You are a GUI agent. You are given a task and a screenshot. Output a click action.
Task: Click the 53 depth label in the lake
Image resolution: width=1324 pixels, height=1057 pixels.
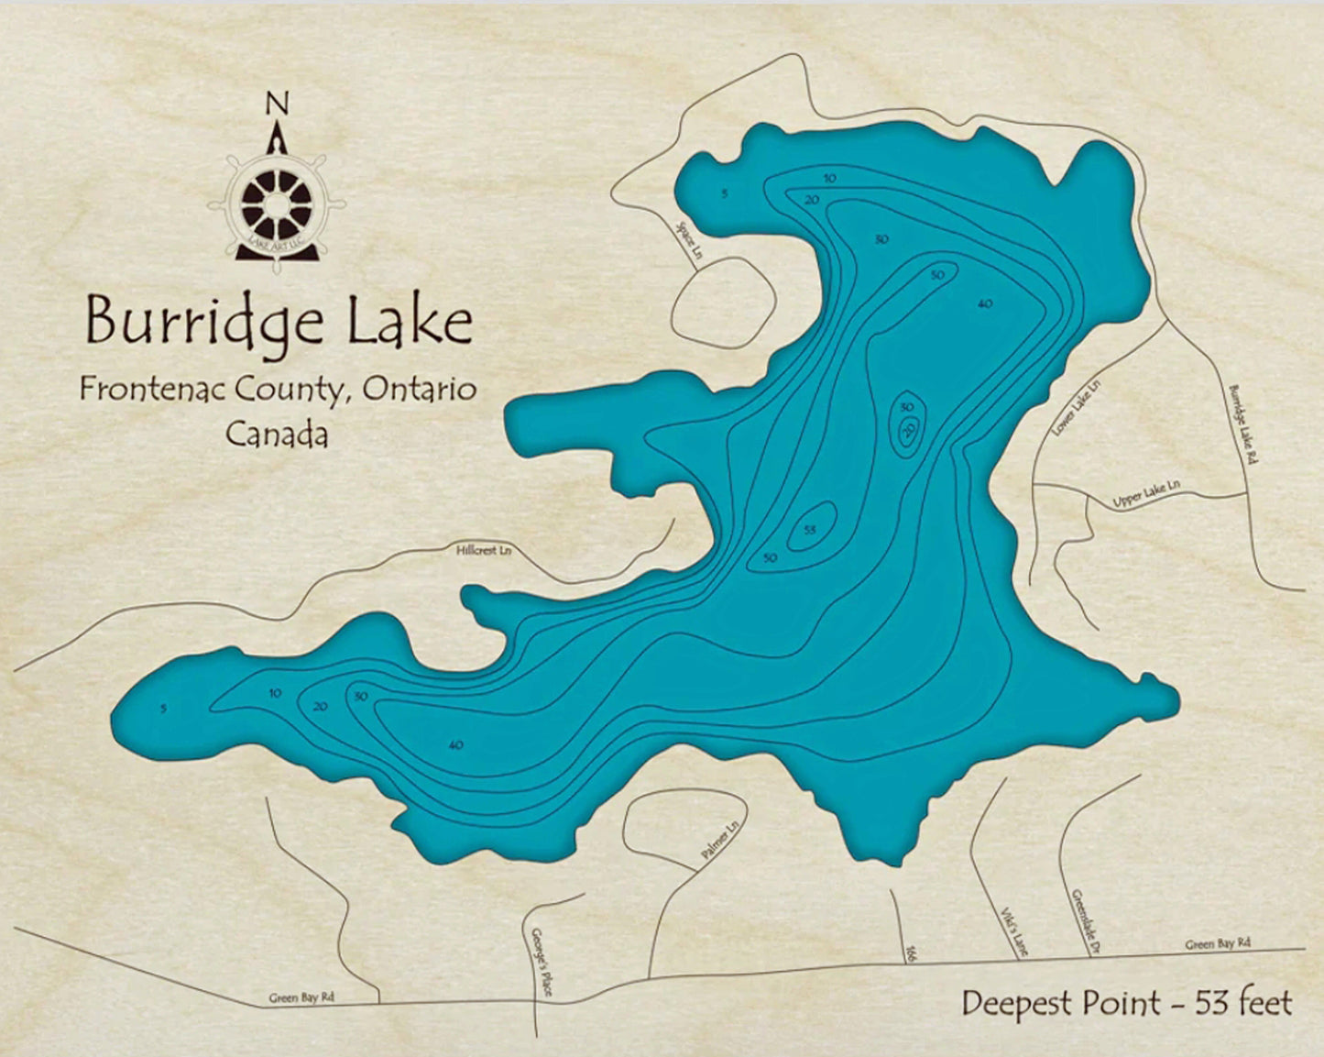pyautogui.click(x=809, y=530)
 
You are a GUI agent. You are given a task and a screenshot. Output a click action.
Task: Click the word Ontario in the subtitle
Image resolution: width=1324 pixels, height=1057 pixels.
pyautogui.click(x=420, y=389)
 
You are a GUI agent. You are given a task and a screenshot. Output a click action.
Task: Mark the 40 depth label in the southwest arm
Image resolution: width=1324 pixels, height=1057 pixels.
pyautogui.click(x=455, y=745)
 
